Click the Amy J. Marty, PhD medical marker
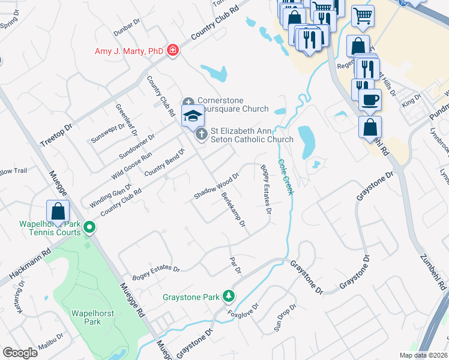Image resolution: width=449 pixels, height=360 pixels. coord(173,50)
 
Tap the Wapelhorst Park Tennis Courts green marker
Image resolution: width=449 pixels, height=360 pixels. coord(89,227)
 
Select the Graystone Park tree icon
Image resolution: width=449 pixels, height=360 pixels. coord(228,296)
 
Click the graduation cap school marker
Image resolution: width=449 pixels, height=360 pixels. coord(193,116)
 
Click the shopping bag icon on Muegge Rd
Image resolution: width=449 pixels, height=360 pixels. coord(58,211)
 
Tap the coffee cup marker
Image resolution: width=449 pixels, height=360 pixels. coord(370,99)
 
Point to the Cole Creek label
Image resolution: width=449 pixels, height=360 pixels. coord(285,176)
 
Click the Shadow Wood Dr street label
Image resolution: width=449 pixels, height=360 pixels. coord(217,187)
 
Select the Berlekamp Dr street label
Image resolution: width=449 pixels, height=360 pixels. coord(234,210)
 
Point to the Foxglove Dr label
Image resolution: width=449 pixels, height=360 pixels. coord(243,310)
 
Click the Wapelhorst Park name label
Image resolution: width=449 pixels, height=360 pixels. coord(85,317)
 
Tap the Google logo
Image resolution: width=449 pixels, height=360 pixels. coord(20,352)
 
